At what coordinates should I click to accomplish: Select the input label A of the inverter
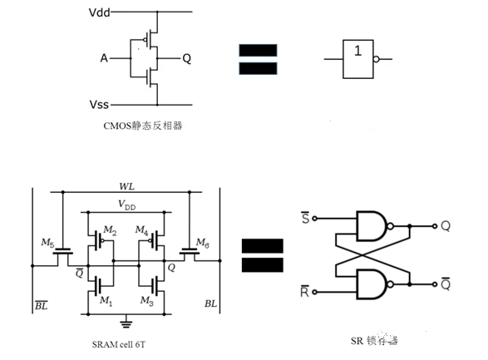[x=104, y=59]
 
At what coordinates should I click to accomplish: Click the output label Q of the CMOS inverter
[x=186, y=59]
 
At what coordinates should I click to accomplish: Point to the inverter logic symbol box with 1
[x=358, y=59]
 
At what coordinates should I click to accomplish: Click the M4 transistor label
[x=141, y=230]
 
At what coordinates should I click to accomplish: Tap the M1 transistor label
[x=105, y=299]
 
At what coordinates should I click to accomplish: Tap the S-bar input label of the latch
[x=304, y=218]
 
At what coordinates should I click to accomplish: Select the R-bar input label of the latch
[x=304, y=292]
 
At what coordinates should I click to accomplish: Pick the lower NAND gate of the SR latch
[x=372, y=283]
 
